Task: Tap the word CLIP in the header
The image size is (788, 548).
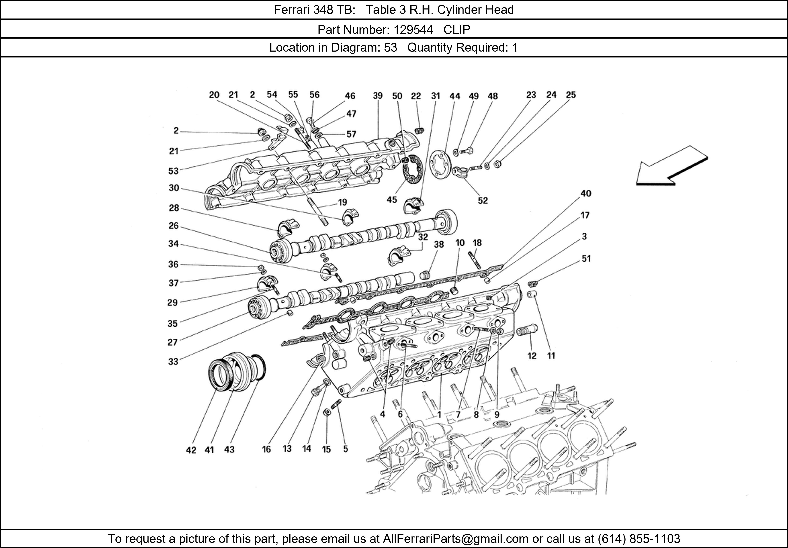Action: (457, 30)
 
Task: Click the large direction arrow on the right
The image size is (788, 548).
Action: (672, 166)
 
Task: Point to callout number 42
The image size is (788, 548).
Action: (191, 450)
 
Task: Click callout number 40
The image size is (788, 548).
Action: (586, 193)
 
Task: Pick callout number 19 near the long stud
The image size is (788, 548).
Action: (343, 202)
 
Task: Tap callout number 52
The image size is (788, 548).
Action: (483, 201)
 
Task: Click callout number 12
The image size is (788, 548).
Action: (532, 356)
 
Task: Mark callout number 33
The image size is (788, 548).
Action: (173, 361)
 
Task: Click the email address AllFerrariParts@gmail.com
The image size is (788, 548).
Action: (455, 539)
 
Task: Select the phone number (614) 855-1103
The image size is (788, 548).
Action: (639, 539)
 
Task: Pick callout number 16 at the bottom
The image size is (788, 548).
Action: (266, 449)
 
